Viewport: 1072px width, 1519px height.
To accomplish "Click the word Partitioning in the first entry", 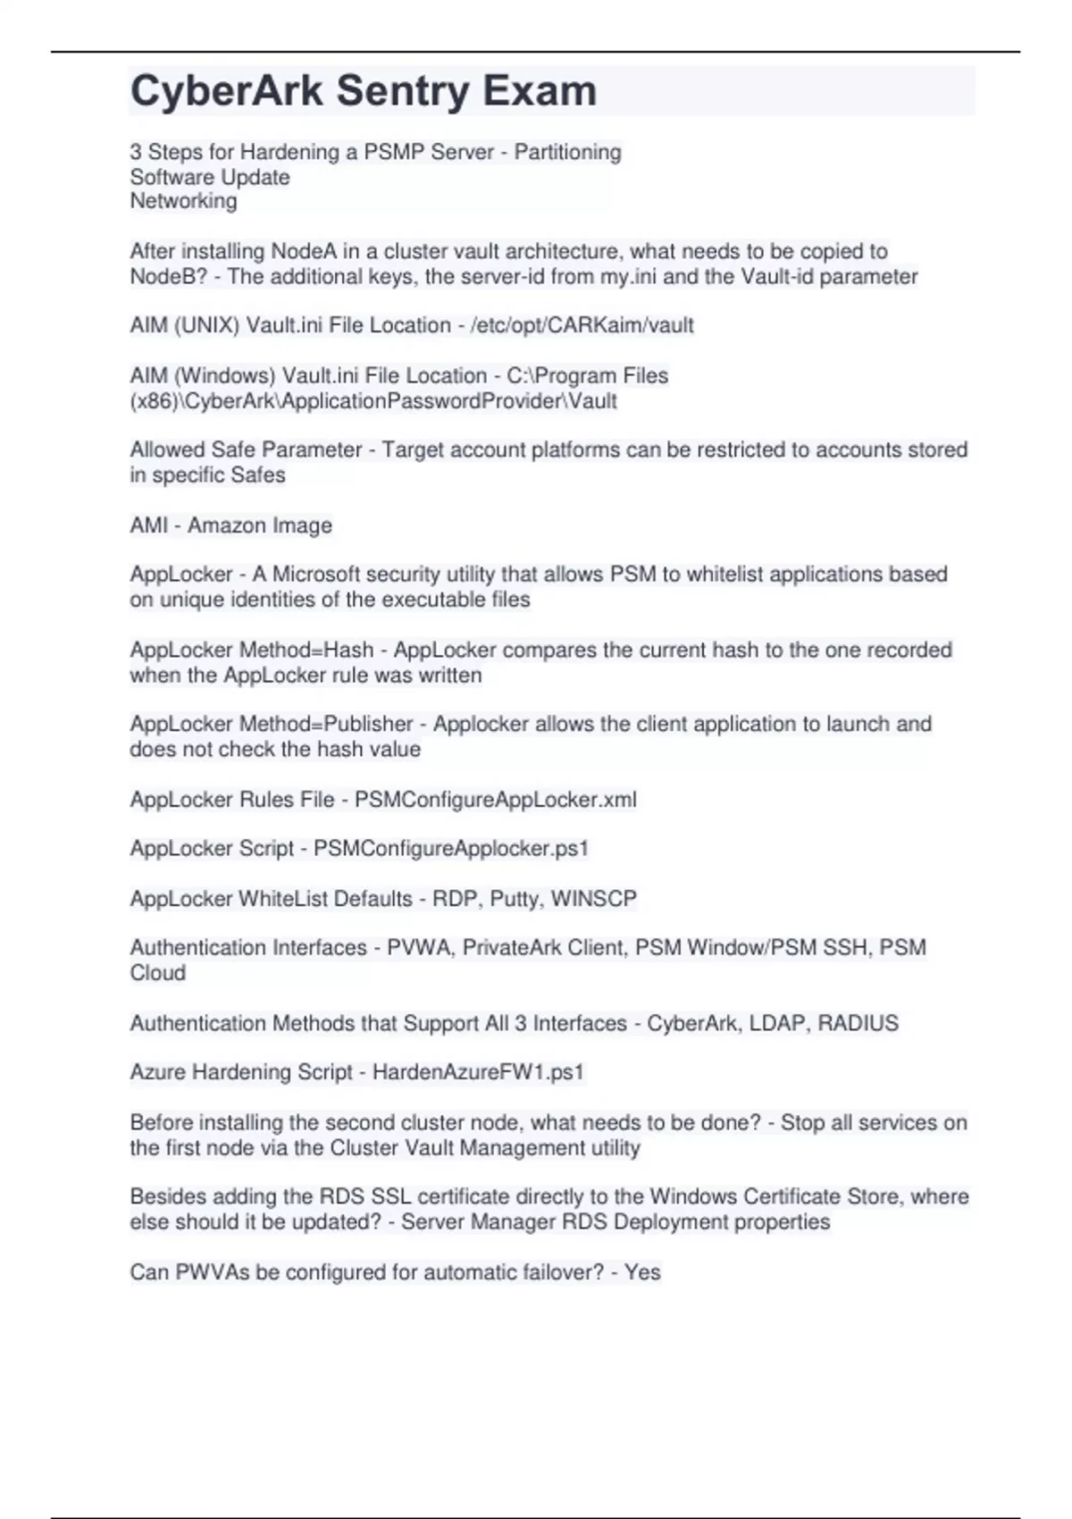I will [x=567, y=152].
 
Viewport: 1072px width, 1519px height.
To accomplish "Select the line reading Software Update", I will [x=210, y=177].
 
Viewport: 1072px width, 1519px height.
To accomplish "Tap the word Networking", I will [x=183, y=201].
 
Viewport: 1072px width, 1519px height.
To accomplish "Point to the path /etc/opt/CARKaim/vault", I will [x=582, y=325].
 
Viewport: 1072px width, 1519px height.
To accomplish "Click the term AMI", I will [x=148, y=525].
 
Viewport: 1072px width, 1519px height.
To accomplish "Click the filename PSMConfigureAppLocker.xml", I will [x=496, y=800].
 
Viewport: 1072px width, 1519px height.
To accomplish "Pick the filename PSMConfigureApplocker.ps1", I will [x=451, y=849].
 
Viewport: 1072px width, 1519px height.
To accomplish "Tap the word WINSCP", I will [x=594, y=899].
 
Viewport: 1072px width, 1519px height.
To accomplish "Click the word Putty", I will [x=515, y=899].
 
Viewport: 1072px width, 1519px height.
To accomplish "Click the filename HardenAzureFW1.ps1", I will [x=478, y=1072].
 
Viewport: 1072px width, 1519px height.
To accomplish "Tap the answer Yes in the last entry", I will [x=642, y=1272].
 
